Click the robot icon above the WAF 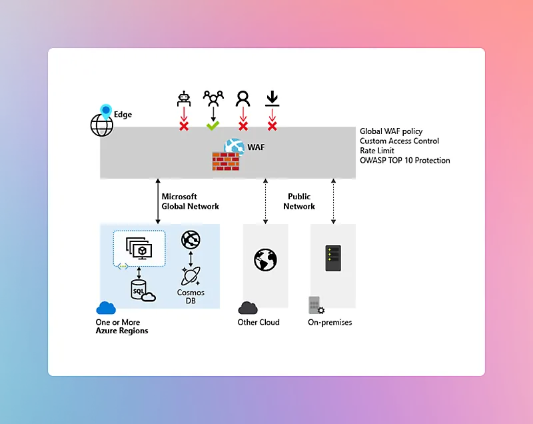click(x=184, y=99)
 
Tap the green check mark click(x=213, y=125)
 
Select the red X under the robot click(x=184, y=125)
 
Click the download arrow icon click(x=272, y=99)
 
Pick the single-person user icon click(x=243, y=99)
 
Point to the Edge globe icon click(x=102, y=124)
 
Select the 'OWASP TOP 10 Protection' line click(x=404, y=160)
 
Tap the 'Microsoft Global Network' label click(x=190, y=201)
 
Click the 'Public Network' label click(x=299, y=201)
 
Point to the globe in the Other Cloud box click(x=265, y=259)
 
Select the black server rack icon click(x=333, y=257)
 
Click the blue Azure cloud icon click(x=106, y=307)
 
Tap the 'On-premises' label click(x=330, y=323)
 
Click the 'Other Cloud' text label click(x=259, y=323)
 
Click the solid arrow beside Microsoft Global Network click(x=158, y=201)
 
